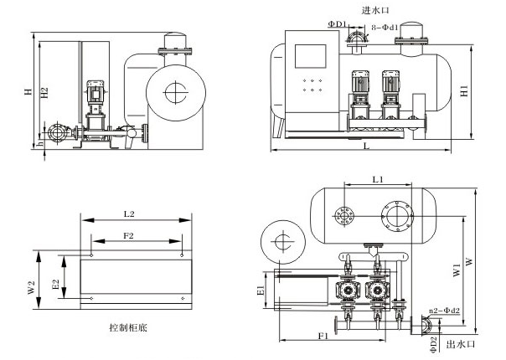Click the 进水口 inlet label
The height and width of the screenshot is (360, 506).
(x=375, y=10)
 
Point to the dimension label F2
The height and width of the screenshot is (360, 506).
(x=129, y=236)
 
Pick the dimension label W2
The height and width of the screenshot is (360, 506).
(x=31, y=287)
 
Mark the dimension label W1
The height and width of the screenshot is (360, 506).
(x=457, y=272)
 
